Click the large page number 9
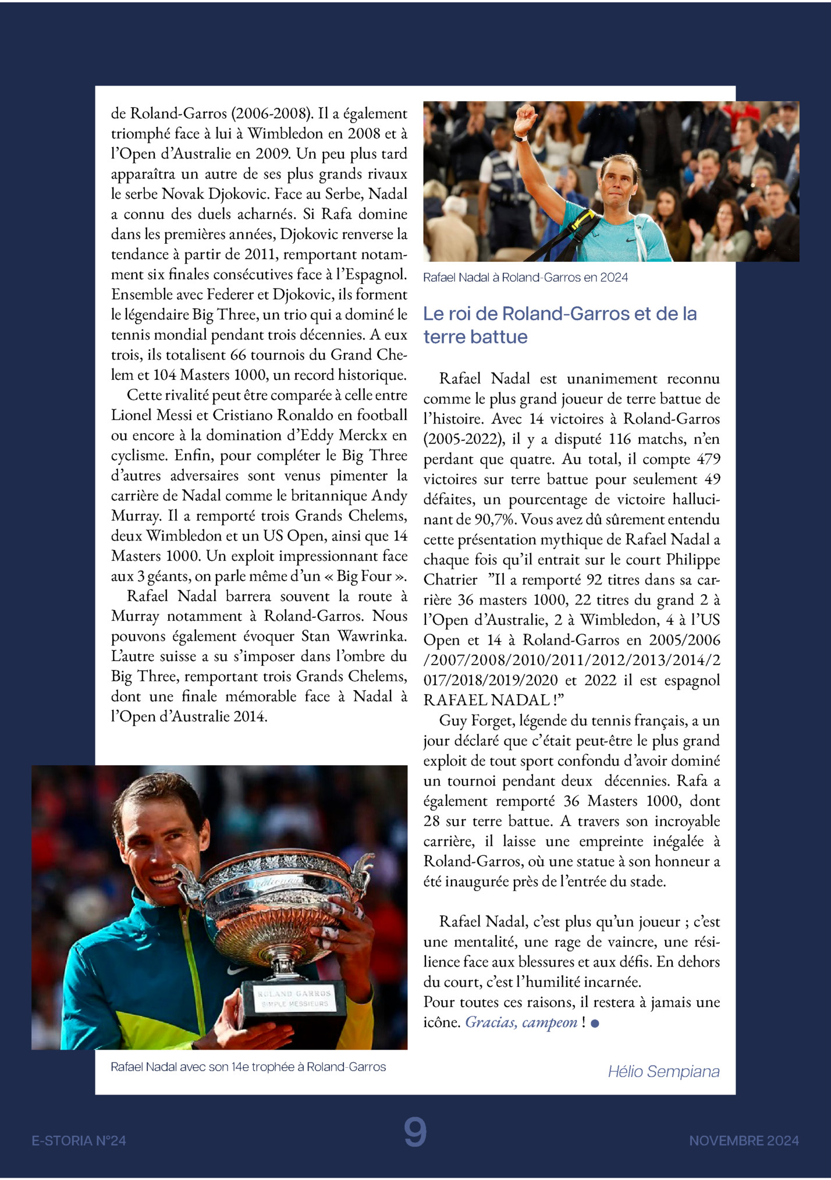coord(415,1132)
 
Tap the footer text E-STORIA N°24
coord(79,1140)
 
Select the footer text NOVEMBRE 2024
coord(744,1140)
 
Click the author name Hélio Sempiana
coord(663,1071)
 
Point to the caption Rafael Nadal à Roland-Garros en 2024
coord(525,278)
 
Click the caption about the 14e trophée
coord(248,1067)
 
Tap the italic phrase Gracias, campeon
coord(521,1022)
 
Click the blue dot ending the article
coord(595,1023)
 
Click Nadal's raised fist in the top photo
coord(525,117)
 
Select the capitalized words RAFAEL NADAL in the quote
coord(486,700)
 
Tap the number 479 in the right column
coord(708,459)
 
